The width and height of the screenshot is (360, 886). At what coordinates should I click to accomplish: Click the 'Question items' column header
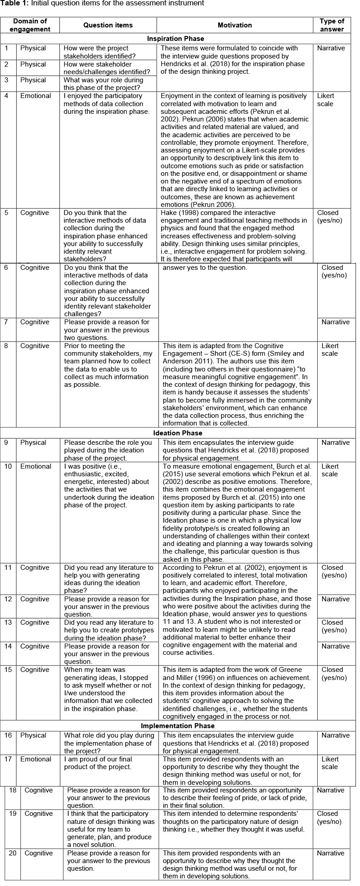(x=108, y=25)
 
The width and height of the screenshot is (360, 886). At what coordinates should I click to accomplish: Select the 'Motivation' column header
(x=234, y=25)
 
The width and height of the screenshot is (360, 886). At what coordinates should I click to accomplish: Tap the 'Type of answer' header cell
(x=332, y=25)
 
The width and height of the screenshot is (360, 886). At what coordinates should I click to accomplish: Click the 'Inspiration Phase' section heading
(x=175, y=39)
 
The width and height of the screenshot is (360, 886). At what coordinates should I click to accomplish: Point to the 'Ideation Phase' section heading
(x=178, y=433)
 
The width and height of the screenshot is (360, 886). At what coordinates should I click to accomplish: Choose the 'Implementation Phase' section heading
(x=178, y=726)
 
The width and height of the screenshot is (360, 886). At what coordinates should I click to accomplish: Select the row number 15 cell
(x=8, y=670)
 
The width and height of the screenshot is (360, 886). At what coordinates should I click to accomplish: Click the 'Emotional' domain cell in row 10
(x=36, y=466)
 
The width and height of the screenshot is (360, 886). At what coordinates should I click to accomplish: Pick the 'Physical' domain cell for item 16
(x=33, y=735)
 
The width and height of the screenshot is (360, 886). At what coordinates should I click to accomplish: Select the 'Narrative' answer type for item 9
(x=335, y=443)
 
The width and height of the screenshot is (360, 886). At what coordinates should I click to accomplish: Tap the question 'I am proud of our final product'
(x=107, y=763)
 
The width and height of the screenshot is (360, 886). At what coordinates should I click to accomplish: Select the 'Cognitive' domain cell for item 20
(x=39, y=853)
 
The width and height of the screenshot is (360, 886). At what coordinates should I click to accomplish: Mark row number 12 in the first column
(x=8, y=599)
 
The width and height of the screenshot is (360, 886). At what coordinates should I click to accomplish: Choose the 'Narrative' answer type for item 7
(x=335, y=322)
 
